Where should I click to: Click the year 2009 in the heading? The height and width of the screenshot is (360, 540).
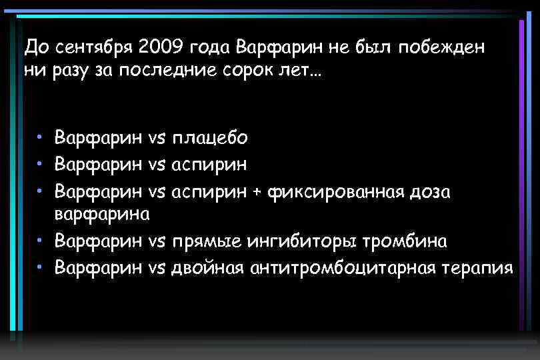pos(160,48)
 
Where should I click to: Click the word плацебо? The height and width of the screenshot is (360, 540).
pos(210,139)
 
